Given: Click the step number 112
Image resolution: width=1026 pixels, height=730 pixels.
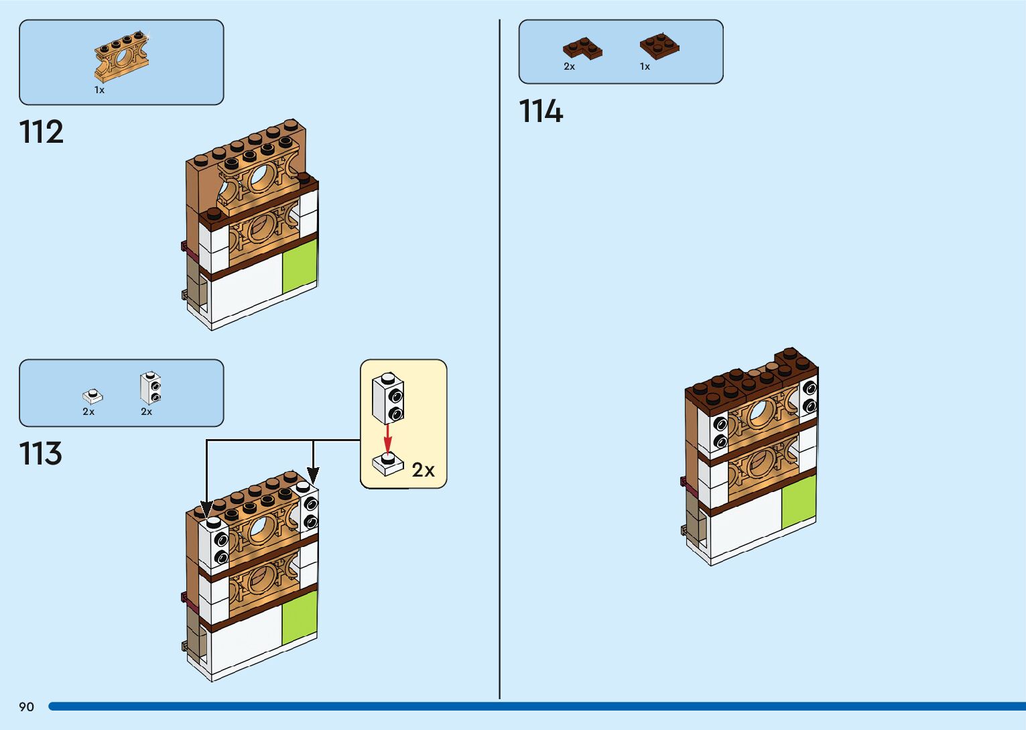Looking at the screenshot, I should (x=42, y=132).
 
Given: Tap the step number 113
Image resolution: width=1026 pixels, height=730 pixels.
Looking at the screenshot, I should (x=41, y=454).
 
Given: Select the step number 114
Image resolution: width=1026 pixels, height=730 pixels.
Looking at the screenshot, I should (x=541, y=111).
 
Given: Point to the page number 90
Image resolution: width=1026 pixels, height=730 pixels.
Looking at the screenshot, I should (x=26, y=707).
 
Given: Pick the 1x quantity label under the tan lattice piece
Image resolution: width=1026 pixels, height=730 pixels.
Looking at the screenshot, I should (x=99, y=90).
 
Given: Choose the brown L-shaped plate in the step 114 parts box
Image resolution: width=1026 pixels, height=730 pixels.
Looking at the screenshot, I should (x=582, y=49).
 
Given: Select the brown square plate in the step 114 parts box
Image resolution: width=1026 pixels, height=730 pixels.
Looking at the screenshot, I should (x=659, y=46).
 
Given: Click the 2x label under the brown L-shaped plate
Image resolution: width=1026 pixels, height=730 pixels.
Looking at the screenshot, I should (x=569, y=66).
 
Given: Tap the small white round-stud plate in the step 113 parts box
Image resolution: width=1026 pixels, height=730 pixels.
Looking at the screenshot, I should (x=92, y=396).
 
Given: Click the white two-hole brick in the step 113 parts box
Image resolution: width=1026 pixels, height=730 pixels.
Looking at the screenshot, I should (x=151, y=388).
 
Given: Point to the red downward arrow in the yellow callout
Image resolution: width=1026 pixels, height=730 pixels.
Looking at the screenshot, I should (x=387, y=438).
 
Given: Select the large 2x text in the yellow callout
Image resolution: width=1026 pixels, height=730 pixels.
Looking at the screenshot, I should (x=423, y=470).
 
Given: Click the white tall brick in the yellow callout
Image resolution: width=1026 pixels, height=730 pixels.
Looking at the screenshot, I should (x=388, y=398).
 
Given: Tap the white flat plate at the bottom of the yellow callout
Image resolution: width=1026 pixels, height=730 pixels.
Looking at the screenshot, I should (x=388, y=464).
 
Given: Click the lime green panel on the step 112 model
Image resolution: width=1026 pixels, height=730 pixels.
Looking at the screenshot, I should (x=299, y=267).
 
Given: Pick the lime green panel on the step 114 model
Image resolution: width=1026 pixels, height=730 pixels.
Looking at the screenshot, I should (x=799, y=501).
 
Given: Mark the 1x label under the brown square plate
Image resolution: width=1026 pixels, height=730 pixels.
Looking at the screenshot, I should (x=645, y=66).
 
